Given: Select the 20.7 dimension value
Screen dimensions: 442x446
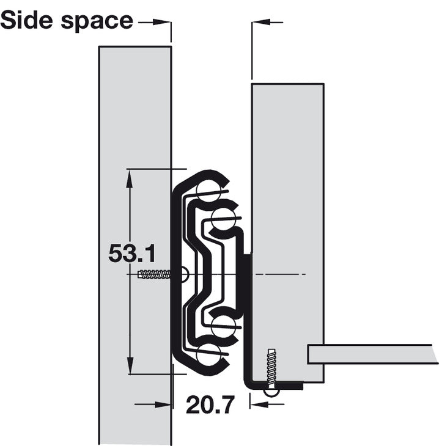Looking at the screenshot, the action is point(211,404).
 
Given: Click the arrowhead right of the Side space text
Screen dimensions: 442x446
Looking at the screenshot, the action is point(161,22).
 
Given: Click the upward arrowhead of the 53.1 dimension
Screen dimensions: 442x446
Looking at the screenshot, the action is point(130,178).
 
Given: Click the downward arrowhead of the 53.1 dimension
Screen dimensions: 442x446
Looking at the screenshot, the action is point(130,365).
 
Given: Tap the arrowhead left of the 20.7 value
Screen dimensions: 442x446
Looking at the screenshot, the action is point(163,404).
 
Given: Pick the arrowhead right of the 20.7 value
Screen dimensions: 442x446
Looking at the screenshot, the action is point(259,404).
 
